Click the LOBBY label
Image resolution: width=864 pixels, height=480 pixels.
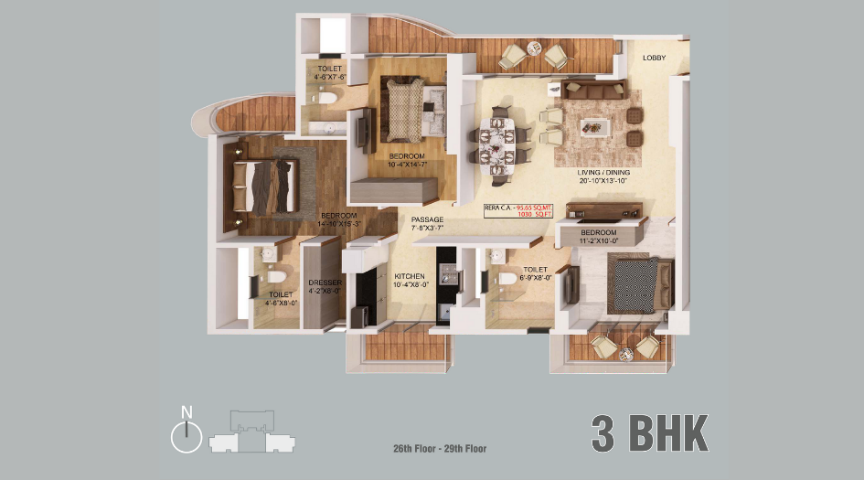[x=654, y=59]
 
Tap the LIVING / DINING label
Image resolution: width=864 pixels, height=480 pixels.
[x=603, y=172]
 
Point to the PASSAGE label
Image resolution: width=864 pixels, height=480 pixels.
[x=427, y=220]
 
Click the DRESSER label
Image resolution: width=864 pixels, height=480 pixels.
[x=325, y=283]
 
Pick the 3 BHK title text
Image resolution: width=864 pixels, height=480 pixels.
[x=649, y=434]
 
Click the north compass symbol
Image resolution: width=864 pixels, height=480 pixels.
[x=187, y=436]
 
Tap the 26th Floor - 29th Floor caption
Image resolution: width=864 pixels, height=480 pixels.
[x=439, y=449]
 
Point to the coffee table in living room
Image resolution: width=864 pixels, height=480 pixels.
[x=598, y=125]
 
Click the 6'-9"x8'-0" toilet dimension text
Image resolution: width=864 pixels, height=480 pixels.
[x=536, y=278]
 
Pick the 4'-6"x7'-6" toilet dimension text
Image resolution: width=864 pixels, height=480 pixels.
[x=328, y=78]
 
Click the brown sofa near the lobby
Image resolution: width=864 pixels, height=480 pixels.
[x=592, y=90]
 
